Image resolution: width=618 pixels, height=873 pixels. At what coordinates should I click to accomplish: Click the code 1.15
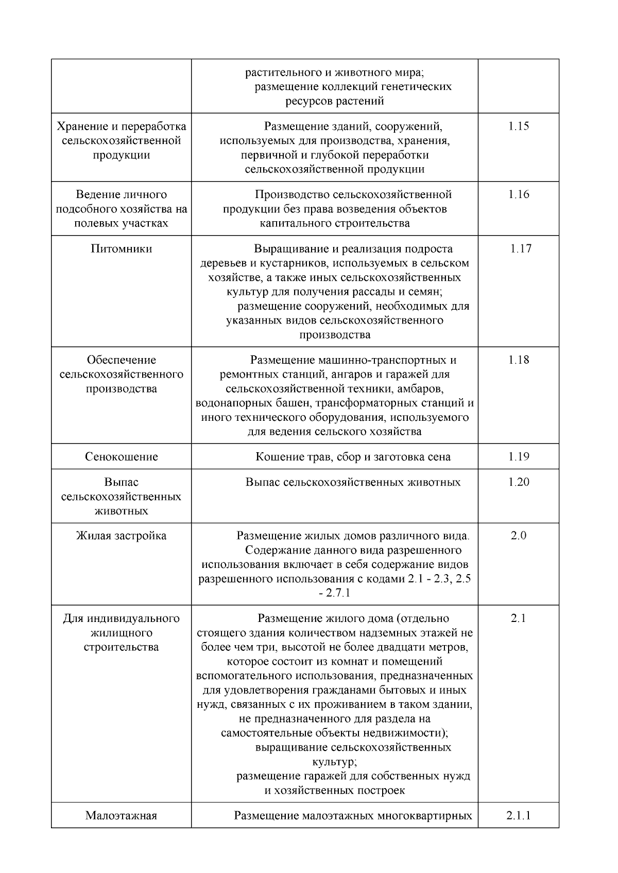(518, 127)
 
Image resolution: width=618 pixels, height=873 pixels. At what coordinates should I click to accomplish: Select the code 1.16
(518, 195)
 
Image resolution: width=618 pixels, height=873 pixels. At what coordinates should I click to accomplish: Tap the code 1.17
(521, 249)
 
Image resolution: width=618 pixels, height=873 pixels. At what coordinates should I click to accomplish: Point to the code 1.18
(518, 360)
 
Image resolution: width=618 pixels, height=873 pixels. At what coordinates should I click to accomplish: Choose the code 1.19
(518, 457)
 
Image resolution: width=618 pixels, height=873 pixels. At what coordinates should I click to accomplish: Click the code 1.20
(518, 482)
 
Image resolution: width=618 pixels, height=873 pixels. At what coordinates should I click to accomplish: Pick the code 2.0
(518, 536)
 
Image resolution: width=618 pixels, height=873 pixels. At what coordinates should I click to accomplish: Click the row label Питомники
(122, 249)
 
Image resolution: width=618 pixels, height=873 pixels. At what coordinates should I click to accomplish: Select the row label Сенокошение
(122, 457)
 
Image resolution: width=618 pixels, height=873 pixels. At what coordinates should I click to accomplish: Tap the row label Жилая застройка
(122, 536)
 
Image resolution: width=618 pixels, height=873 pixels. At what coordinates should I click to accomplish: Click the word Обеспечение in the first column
(122, 360)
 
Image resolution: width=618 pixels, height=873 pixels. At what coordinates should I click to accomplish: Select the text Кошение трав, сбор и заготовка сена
(353, 457)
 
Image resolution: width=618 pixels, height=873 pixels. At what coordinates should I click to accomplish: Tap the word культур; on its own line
(334, 761)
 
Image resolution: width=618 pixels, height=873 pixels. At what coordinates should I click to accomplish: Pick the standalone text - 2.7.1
(334, 593)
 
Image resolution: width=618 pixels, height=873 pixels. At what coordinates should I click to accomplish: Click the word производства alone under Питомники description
(335, 335)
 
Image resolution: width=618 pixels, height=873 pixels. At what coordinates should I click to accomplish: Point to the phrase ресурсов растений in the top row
(335, 101)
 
